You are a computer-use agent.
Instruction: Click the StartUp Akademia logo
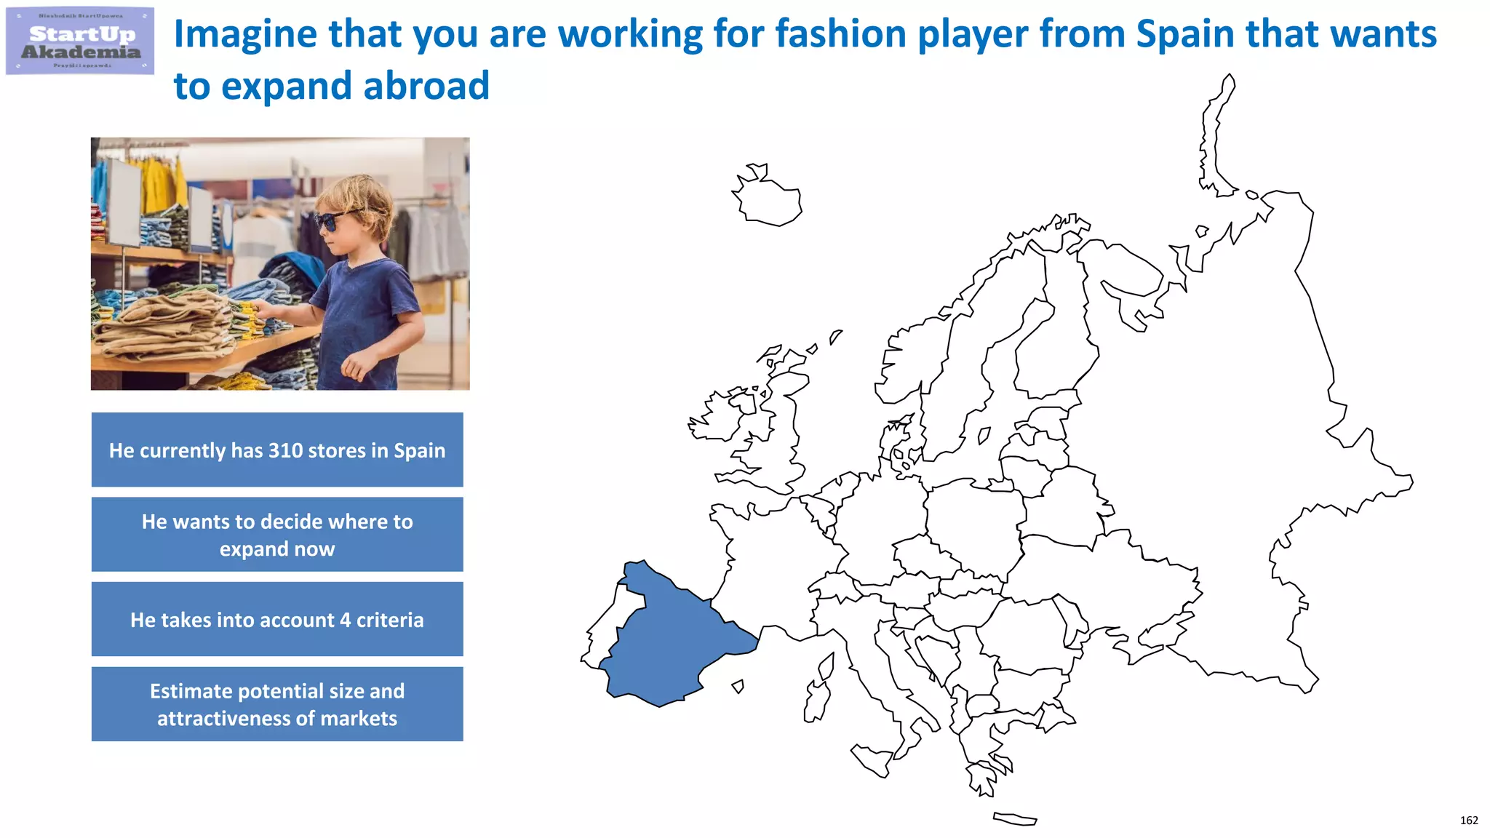pos(80,41)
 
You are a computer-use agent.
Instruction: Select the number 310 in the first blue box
pos(286,450)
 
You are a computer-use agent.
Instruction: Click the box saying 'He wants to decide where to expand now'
pos(277,535)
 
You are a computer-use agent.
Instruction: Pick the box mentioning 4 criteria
pos(277,620)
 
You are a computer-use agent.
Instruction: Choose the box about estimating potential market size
pos(277,704)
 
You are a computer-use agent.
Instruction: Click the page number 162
pos(1468,821)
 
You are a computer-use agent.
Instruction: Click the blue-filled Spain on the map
pos(669,640)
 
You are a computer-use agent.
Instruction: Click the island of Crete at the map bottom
pos(1014,819)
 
